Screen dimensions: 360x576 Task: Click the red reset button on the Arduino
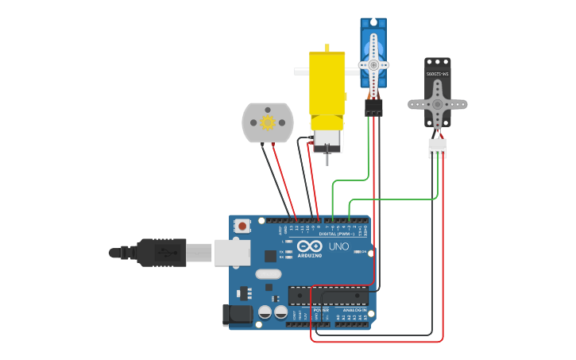[x=242, y=226]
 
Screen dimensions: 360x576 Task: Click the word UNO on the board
[x=338, y=246]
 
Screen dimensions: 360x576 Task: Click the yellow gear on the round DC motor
[x=268, y=122]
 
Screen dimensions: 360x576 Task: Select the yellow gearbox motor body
[x=327, y=83]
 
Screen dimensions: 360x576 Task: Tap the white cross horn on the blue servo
[x=373, y=64]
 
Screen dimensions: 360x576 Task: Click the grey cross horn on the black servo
[x=437, y=104]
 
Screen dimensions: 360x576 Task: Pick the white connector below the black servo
[x=437, y=148]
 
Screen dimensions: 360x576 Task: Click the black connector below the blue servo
[x=373, y=106]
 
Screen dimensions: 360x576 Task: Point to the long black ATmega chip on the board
[x=328, y=296]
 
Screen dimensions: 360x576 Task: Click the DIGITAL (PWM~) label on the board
[x=337, y=234]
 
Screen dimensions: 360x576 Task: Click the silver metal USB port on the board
[x=232, y=253]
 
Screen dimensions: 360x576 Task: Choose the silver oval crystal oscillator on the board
[x=269, y=274]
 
